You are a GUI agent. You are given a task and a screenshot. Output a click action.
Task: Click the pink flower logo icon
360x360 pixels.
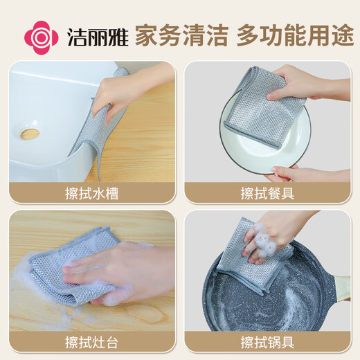pos(40,36)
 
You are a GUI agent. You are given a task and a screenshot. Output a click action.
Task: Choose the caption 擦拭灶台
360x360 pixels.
pos(93,341)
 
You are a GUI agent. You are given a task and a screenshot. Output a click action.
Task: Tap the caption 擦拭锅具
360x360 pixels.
pos(267,341)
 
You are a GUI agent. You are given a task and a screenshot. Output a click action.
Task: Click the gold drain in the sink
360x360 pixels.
pos(29,133)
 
